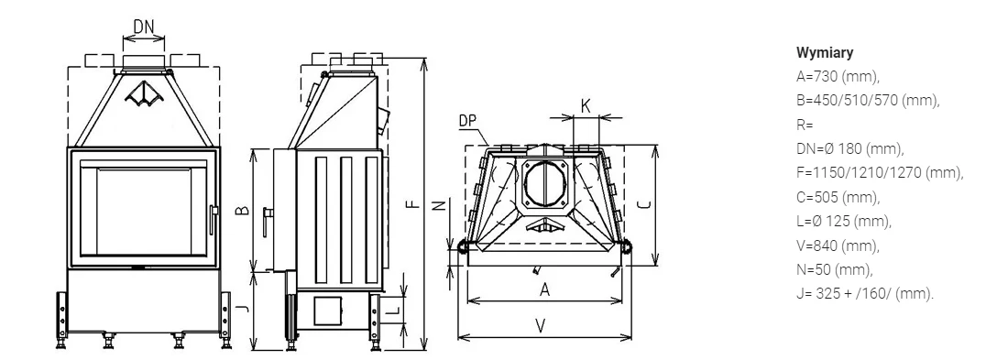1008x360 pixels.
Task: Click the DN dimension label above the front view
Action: [x=144, y=27]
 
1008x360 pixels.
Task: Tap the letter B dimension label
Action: [x=243, y=210]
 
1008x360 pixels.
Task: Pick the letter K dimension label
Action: [x=586, y=106]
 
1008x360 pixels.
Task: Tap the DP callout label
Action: [x=468, y=121]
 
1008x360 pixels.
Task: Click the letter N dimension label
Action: [x=438, y=205]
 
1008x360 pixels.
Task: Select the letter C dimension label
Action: [x=645, y=204]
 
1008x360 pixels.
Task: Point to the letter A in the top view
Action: [x=545, y=289]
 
